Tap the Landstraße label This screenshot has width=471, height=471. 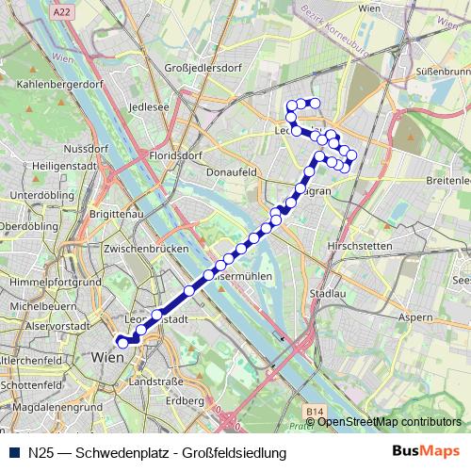pyautogui.click(x=155, y=382)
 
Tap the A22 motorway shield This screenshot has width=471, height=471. pyautogui.click(x=62, y=11)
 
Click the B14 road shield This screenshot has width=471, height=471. pyautogui.click(x=315, y=412)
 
